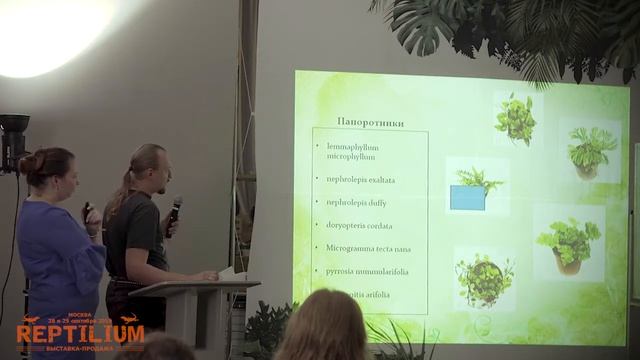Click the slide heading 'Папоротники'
[370, 123]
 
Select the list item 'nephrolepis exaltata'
[359, 180]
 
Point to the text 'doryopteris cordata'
[359, 225]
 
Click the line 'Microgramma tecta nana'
[368, 248]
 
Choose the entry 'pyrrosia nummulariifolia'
[366, 271]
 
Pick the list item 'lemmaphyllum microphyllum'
[352, 152]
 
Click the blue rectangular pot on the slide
[468, 197]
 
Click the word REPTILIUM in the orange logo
[80, 333]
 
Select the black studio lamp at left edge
[13, 140]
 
